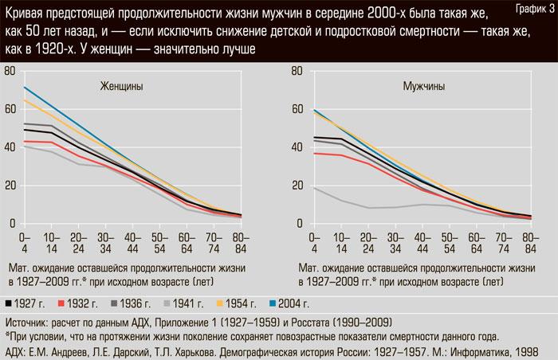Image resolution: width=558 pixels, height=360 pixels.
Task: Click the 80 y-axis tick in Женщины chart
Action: (x=10, y=72)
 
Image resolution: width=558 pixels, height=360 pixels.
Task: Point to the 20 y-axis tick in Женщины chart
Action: (x=10, y=186)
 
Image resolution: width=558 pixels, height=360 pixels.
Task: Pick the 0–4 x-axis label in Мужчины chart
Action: (x=312, y=242)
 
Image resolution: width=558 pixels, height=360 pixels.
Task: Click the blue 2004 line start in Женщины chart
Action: (x=25, y=88)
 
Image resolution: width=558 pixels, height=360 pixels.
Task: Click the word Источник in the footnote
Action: (x=29, y=323)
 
